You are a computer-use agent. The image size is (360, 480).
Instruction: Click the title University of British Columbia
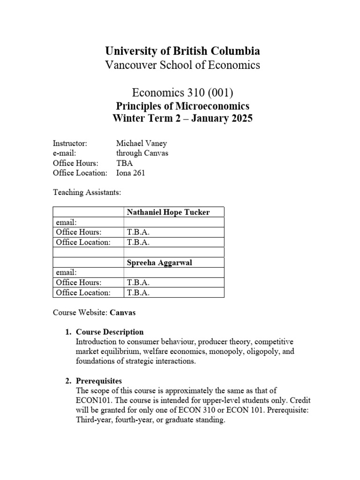click(x=182, y=51)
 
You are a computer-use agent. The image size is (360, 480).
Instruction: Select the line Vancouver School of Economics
click(x=182, y=65)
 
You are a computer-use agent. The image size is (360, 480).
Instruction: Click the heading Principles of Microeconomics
click(x=182, y=106)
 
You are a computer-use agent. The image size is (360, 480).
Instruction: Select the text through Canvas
click(x=142, y=153)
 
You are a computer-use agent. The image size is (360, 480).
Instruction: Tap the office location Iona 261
click(x=130, y=173)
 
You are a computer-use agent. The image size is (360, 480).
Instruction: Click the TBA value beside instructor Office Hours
click(x=124, y=163)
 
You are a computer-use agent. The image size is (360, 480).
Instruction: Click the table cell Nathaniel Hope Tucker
click(x=168, y=212)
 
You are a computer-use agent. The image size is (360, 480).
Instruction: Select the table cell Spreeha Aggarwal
click(x=159, y=262)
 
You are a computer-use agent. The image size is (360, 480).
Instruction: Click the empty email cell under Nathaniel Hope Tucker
click(x=173, y=222)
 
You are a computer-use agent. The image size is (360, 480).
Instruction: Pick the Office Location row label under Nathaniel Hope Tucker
click(x=83, y=242)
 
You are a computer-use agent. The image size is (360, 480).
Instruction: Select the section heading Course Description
click(x=110, y=332)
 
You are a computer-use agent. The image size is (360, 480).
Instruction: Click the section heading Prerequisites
click(x=99, y=381)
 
